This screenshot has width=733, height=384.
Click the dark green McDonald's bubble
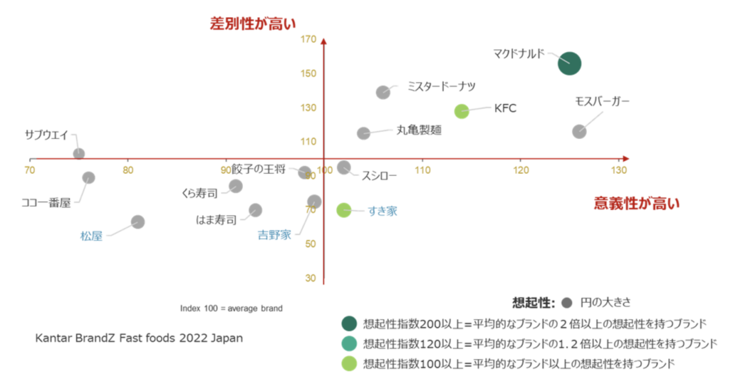tap(569, 64)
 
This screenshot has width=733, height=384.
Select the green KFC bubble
tap(462, 111)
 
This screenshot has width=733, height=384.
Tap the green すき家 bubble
tap(344, 210)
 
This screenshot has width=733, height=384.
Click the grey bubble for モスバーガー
tap(580, 132)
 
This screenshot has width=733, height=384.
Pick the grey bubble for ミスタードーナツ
tap(383, 92)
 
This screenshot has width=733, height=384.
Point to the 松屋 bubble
tap(137, 221)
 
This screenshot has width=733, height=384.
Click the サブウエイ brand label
tap(46, 136)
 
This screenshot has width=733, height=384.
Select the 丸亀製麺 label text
tap(419, 130)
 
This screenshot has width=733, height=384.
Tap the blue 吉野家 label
tap(274, 235)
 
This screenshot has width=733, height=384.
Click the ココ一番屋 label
tap(46, 203)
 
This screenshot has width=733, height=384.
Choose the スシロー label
tap(379, 176)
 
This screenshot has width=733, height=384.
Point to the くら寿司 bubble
tap(235, 186)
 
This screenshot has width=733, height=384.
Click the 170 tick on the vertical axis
tap(309, 40)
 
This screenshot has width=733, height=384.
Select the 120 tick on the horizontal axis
tap(521, 170)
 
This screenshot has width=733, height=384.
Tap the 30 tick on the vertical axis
tap(310, 278)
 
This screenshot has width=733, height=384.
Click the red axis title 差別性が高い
tap(253, 23)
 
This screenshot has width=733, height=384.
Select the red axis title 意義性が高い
tap(637, 203)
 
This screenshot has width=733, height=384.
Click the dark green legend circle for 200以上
tap(349, 324)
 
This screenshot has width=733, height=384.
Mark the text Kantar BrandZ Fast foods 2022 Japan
tap(139, 338)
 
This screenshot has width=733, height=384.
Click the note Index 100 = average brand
tap(231, 308)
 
